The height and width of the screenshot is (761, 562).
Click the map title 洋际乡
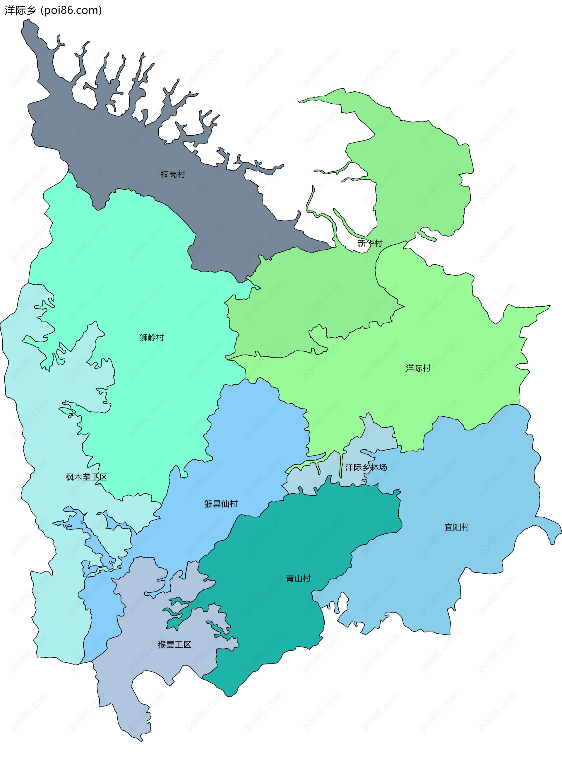(20, 11)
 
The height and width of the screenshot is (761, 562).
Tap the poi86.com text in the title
(71, 11)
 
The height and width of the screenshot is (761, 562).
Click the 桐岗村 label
(173, 175)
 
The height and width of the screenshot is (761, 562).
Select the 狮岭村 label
(152, 338)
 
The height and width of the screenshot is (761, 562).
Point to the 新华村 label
(370, 243)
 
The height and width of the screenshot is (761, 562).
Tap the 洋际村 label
(418, 368)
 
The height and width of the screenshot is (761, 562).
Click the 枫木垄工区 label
(86, 477)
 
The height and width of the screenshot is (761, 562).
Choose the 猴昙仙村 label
(221, 504)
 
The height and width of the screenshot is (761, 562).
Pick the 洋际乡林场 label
(366, 468)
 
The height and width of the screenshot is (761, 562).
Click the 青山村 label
(298, 578)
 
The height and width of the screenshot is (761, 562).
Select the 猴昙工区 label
(174, 644)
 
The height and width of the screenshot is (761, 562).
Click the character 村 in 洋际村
(426, 368)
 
